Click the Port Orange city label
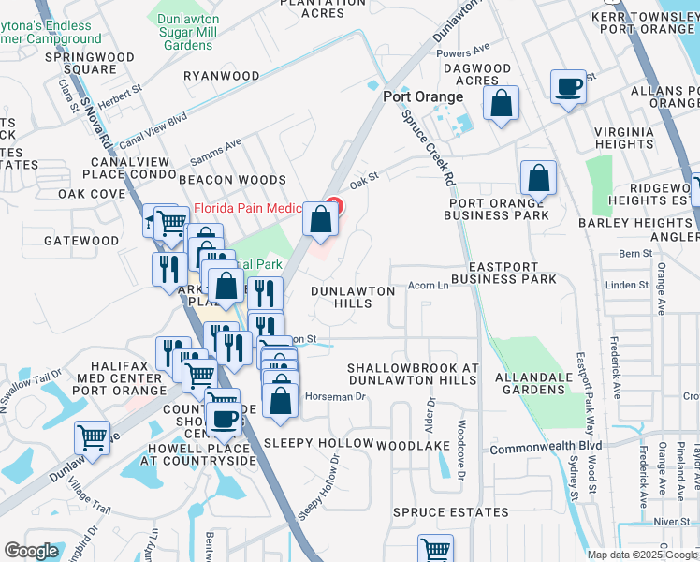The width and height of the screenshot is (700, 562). pyautogui.click(x=423, y=97)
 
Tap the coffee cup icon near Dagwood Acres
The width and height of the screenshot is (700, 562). pyautogui.click(x=568, y=88)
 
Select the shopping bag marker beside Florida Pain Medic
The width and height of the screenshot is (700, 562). pyautogui.click(x=321, y=221)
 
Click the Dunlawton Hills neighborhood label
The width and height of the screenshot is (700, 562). pyautogui.click(x=353, y=297)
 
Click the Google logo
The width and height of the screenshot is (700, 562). pyautogui.click(x=31, y=551)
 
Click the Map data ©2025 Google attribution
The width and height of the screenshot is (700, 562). pyautogui.click(x=641, y=555)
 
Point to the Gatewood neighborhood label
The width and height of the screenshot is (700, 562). pyautogui.click(x=81, y=241)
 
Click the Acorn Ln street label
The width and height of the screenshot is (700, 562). pyautogui.click(x=430, y=287)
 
